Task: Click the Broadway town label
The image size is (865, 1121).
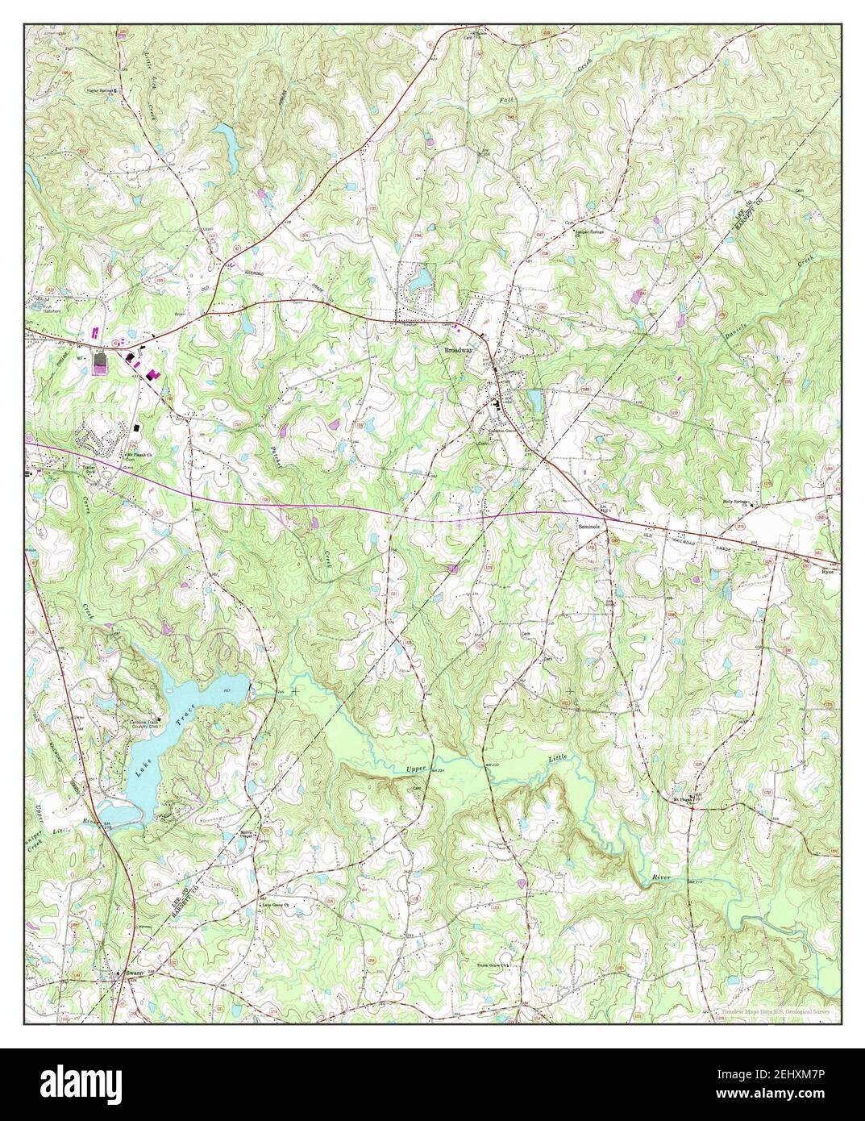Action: (458, 351)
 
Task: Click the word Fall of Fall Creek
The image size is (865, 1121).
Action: (505, 99)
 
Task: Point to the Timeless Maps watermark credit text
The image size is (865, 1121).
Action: (767, 1011)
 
